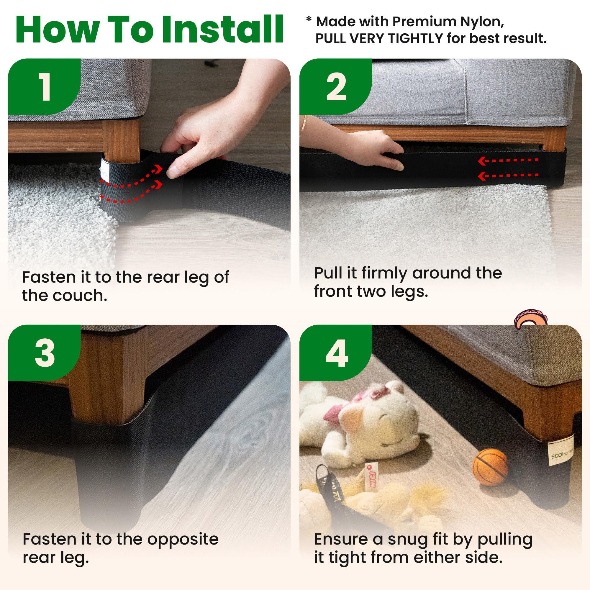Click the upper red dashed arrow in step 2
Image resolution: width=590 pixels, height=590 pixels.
click(x=509, y=160)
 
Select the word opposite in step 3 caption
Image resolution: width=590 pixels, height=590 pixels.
click(x=183, y=539)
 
